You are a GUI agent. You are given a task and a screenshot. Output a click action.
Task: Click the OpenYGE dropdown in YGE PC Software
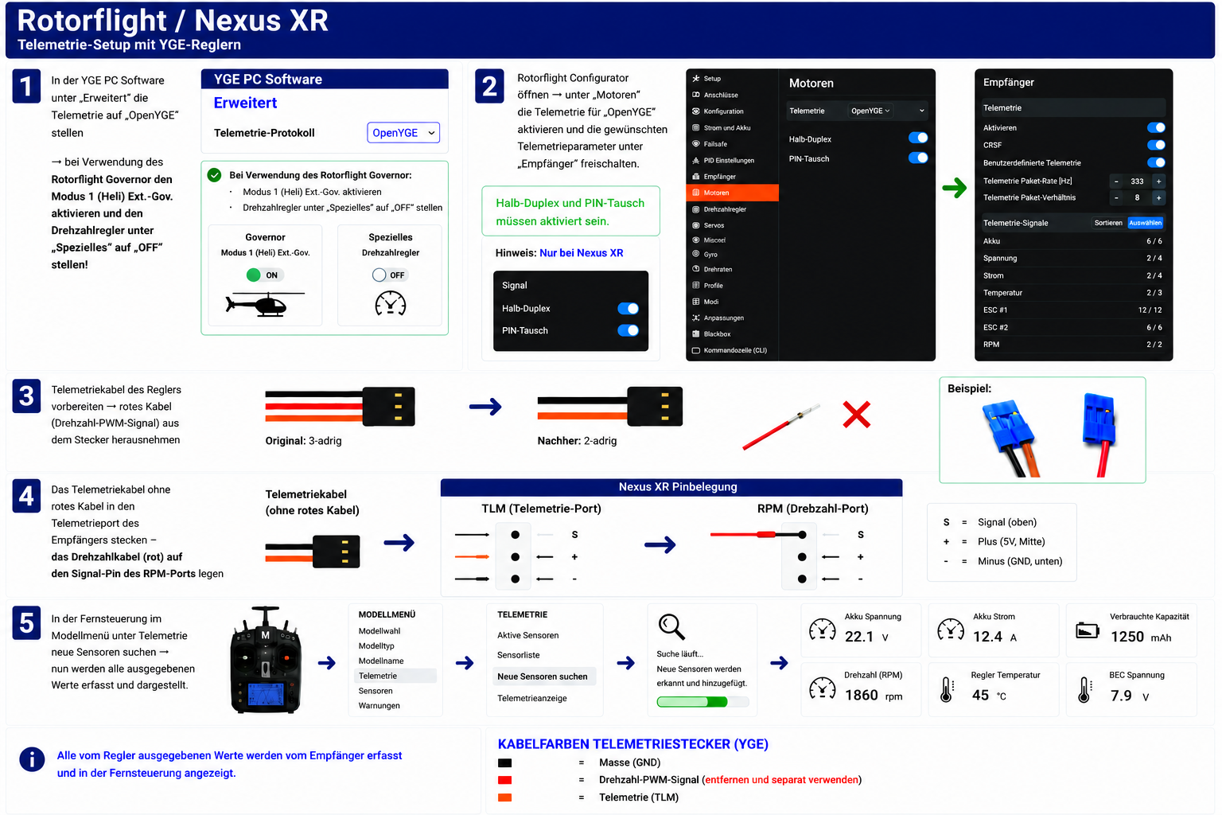point(403,133)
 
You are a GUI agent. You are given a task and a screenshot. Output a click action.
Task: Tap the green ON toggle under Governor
point(263,275)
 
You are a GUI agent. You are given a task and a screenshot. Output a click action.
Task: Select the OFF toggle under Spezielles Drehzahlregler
point(388,275)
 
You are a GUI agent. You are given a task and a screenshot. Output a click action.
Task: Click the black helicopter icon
point(265,305)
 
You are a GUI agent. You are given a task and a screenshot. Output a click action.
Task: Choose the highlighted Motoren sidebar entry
point(732,193)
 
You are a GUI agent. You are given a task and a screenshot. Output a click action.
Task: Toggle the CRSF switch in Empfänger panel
point(1155,145)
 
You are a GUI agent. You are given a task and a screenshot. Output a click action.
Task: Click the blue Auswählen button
point(1145,223)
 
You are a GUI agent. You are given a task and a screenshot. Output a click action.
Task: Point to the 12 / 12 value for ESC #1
point(1150,310)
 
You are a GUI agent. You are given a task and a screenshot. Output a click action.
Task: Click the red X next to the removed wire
point(857,415)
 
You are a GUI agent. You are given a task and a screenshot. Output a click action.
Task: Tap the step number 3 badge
point(26,396)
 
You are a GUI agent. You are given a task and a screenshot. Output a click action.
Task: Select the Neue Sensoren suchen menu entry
point(543,677)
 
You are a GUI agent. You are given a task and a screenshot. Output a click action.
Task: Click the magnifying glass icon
point(671,626)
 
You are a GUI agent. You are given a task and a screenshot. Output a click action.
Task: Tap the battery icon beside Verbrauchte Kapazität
point(1088,630)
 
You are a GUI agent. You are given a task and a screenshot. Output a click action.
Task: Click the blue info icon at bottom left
point(32,759)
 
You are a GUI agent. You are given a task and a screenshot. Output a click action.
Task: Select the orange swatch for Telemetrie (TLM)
point(504,797)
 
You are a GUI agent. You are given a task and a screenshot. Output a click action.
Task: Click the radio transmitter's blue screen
point(266,693)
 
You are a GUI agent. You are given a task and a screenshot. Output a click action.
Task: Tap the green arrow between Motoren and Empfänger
point(954,189)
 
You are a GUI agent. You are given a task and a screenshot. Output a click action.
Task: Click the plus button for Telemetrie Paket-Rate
point(1158,181)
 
